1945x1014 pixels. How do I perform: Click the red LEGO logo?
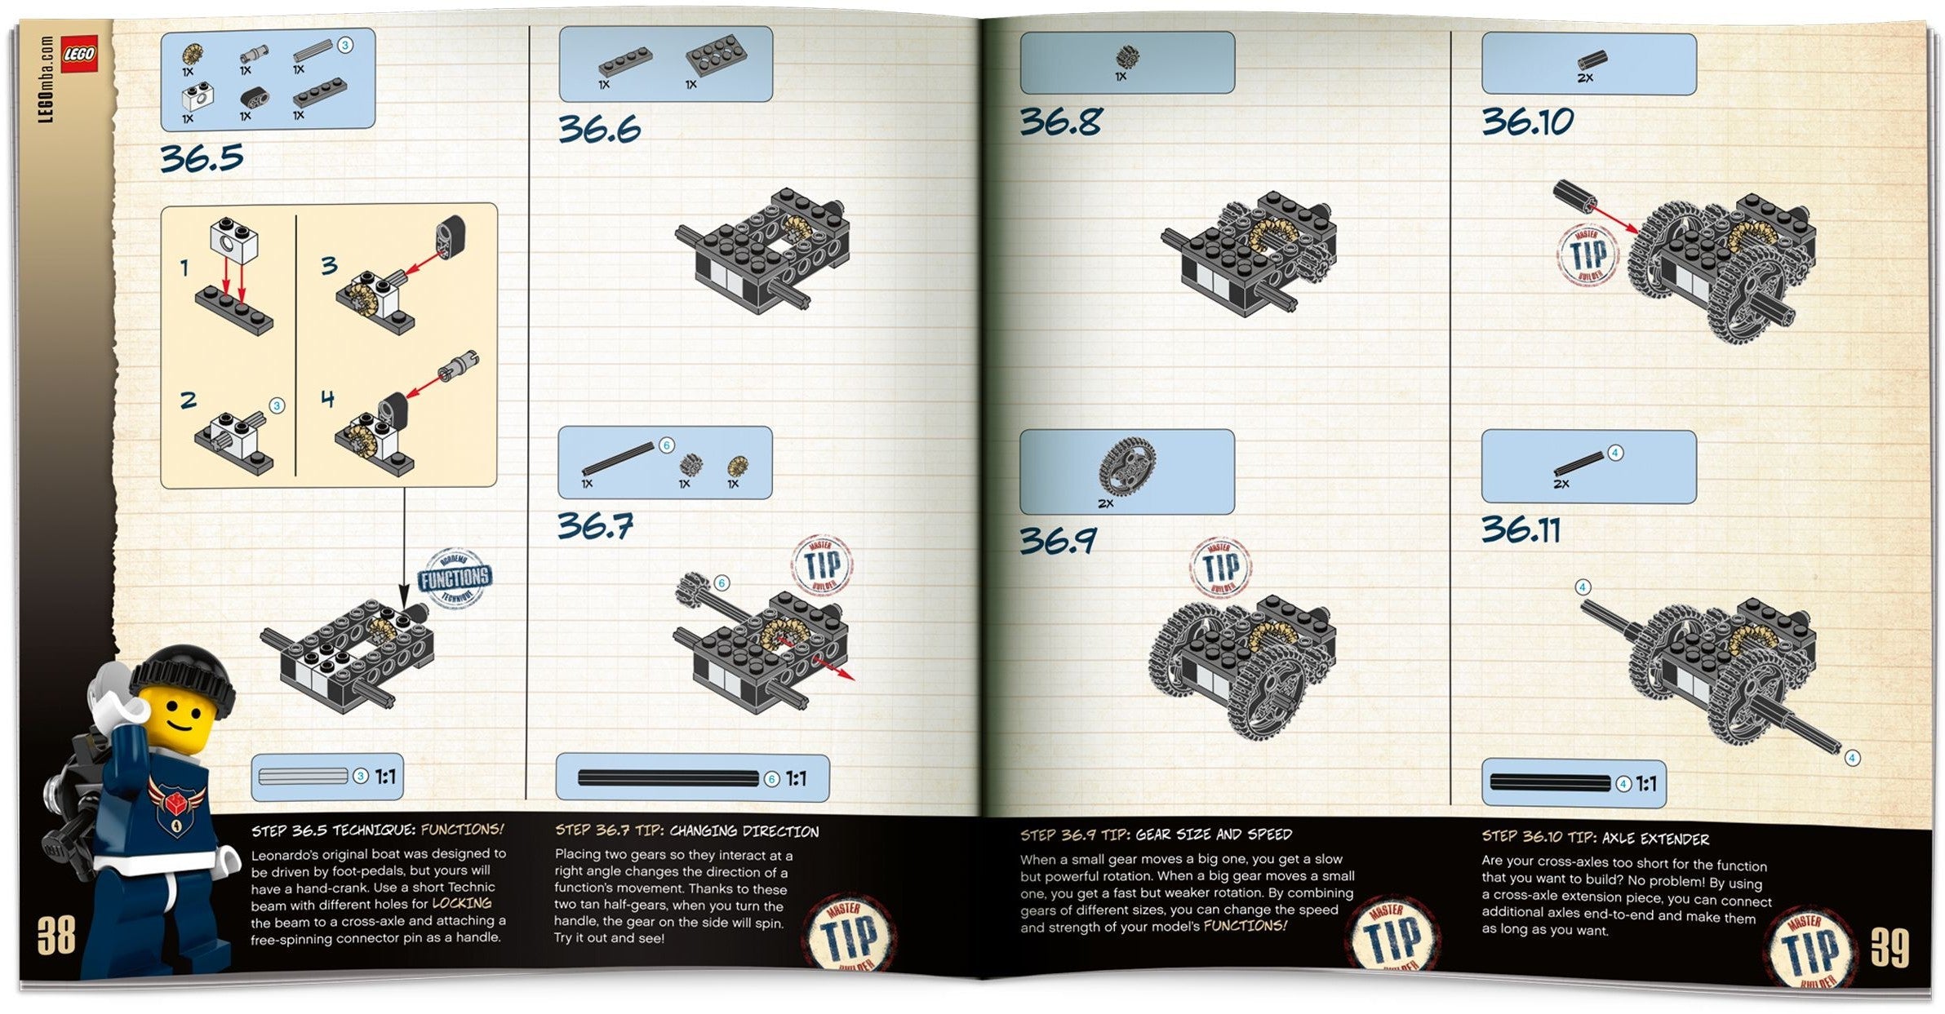[x=79, y=54]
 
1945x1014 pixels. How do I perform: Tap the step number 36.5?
[x=202, y=157]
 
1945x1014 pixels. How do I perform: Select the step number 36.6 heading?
[x=599, y=129]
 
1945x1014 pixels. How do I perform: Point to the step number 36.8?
[x=1060, y=122]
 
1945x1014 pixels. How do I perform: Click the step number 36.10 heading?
[x=1527, y=122]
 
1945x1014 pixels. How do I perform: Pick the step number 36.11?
[x=1521, y=530]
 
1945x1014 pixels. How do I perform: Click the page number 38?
[x=56, y=936]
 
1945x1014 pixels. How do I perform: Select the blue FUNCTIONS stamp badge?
[x=455, y=578]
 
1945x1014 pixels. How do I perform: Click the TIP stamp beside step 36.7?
[x=822, y=565]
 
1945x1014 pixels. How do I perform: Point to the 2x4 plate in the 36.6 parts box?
[x=716, y=55]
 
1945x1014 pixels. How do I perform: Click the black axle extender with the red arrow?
[x=1573, y=197]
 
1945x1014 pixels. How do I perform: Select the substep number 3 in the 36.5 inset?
[x=328, y=265]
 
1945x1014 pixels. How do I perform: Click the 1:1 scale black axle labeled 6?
[x=668, y=778]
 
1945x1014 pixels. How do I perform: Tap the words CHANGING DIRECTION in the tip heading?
[x=744, y=831]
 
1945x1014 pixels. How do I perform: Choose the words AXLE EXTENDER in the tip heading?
[x=1654, y=839]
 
